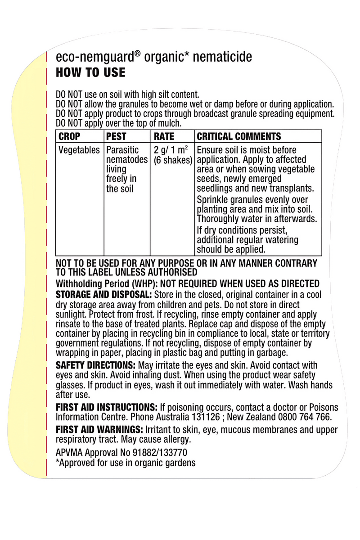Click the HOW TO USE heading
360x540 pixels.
pyautogui.click(x=90, y=73)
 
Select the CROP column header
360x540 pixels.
pyautogui.click(x=70, y=136)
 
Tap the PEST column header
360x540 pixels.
pyautogui.click(x=116, y=136)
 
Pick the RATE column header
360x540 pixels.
pyautogui.click(x=164, y=136)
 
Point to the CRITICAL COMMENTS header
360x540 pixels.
pyautogui.click(x=239, y=136)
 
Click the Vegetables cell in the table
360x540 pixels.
pyautogui.click(x=79, y=150)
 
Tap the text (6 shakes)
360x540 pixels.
pyautogui.click(x=173, y=160)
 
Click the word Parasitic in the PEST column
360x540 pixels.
pyautogui.click(x=123, y=150)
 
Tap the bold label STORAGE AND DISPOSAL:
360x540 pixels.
pyautogui.click(x=103, y=294)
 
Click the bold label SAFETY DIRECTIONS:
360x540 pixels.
pyautogui.click(x=95, y=365)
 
